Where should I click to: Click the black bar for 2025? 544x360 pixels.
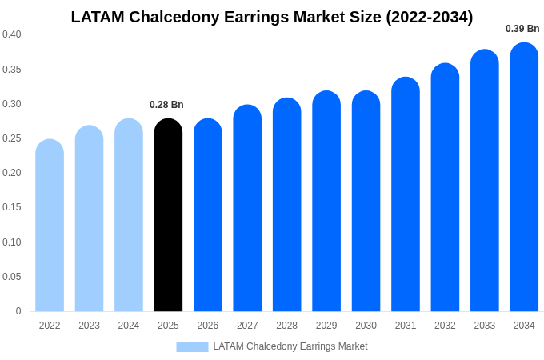click(x=168, y=216)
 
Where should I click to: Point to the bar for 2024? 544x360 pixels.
click(x=129, y=216)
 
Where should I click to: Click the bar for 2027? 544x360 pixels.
click(x=247, y=209)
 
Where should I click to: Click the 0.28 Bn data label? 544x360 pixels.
click(x=166, y=105)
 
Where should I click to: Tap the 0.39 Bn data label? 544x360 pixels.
click(x=522, y=29)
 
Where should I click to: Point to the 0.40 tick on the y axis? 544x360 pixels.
click(x=12, y=34)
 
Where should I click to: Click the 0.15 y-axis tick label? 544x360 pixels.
click(x=12, y=207)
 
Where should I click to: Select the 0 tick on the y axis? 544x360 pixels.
click(x=18, y=311)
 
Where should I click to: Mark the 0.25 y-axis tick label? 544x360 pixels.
click(x=12, y=138)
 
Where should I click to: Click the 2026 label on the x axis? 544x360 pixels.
click(x=208, y=326)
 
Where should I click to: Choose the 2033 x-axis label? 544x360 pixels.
click(x=485, y=326)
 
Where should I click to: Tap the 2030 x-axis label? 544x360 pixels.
click(x=366, y=326)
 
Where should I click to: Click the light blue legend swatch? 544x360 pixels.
click(x=192, y=347)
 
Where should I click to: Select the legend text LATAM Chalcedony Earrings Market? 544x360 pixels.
click(x=290, y=346)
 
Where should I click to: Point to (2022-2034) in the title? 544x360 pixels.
click(x=430, y=17)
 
